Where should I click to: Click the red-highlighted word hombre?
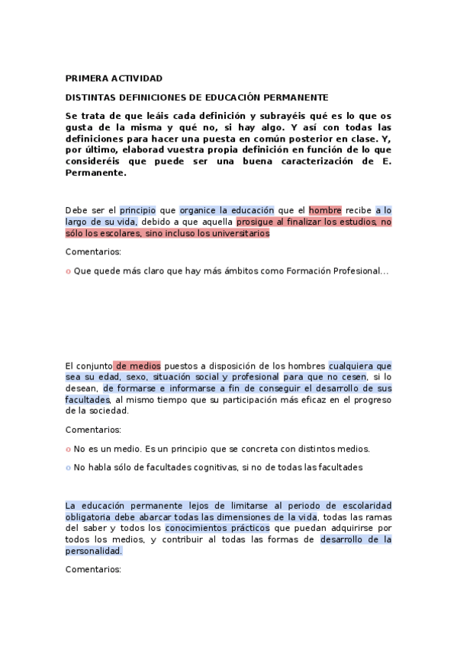(325, 210)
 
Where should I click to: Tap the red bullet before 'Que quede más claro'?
(68, 271)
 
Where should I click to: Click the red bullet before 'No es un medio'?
(68, 449)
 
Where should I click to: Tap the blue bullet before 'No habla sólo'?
(68, 467)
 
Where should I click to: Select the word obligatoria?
(90, 517)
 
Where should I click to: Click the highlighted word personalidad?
(93, 550)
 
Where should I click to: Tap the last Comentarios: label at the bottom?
(93, 569)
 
